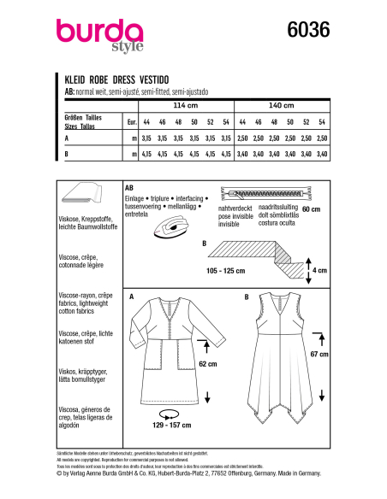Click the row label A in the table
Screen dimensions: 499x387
(66, 137)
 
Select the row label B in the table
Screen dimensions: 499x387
(66, 154)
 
